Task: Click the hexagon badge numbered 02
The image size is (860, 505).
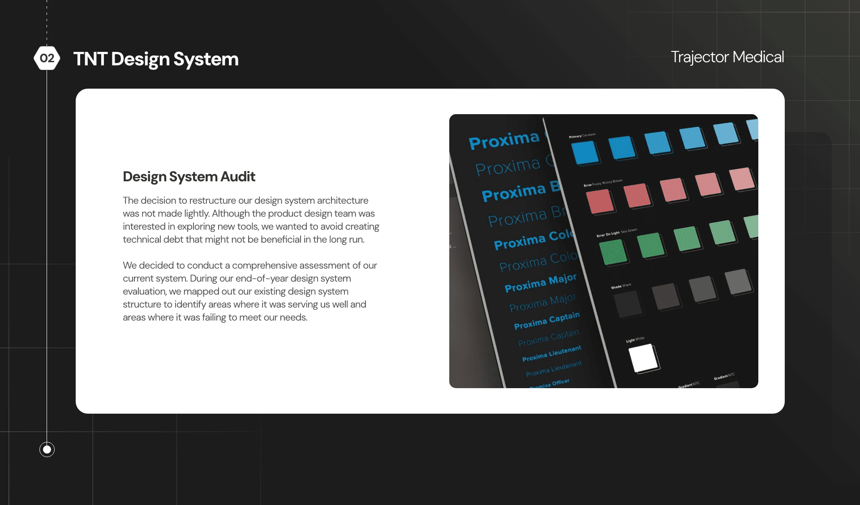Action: coord(47,58)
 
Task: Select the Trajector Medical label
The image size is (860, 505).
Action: coord(727,57)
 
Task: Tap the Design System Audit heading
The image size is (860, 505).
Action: coord(189,176)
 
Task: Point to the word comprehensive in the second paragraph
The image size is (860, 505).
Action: coord(264,265)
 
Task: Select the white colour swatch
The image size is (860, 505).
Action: coord(643,359)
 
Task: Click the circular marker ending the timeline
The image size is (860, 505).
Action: coord(47,449)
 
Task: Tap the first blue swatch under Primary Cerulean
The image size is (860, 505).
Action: coord(585,153)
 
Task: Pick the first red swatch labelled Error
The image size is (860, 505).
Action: coord(600,201)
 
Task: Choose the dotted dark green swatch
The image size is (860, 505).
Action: coord(613,252)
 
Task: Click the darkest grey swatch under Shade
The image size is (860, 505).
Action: coord(628,304)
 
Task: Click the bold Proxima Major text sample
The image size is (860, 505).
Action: coord(540,283)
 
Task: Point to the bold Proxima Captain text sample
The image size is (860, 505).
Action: coord(546,321)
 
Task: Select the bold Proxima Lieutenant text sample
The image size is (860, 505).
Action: coord(551,354)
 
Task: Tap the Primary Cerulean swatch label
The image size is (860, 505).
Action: coord(582,135)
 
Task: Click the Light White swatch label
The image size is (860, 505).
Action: coord(635,340)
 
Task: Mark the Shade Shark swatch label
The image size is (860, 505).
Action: coord(621,286)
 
